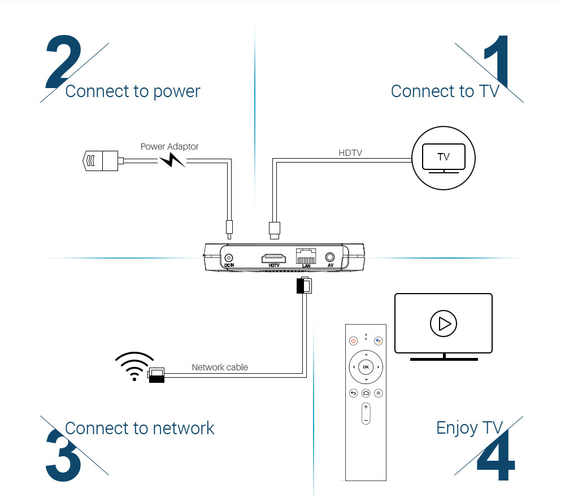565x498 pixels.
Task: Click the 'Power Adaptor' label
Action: (x=169, y=146)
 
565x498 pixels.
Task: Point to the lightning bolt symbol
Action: (x=172, y=161)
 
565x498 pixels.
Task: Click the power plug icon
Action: (x=100, y=161)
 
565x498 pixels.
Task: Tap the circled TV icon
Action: (x=444, y=156)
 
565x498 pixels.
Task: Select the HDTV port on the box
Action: (x=274, y=259)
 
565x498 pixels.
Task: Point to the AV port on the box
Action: (x=329, y=257)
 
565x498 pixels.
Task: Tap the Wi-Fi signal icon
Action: (x=134, y=365)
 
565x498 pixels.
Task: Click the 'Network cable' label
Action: (x=220, y=367)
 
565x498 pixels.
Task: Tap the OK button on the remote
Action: (x=366, y=367)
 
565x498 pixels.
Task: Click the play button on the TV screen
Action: (x=443, y=324)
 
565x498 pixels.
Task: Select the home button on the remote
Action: (x=366, y=393)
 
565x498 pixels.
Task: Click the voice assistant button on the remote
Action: (x=379, y=341)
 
